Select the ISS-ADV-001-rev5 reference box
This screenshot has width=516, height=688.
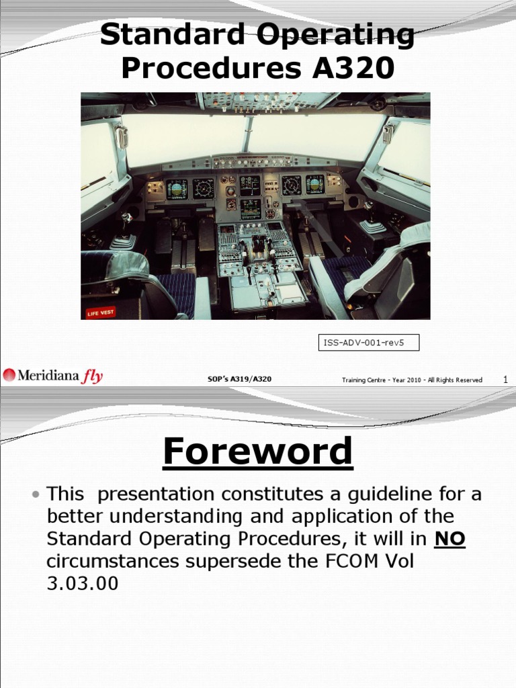[368, 343]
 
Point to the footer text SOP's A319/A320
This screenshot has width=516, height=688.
[240, 380]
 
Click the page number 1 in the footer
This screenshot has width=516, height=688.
[505, 380]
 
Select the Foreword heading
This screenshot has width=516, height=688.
[257, 451]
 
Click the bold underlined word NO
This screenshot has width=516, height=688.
[449, 539]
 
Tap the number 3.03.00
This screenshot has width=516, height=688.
[82, 583]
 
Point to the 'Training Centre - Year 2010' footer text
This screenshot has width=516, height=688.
[412, 380]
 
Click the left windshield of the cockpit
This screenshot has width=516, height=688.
[181, 138]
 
